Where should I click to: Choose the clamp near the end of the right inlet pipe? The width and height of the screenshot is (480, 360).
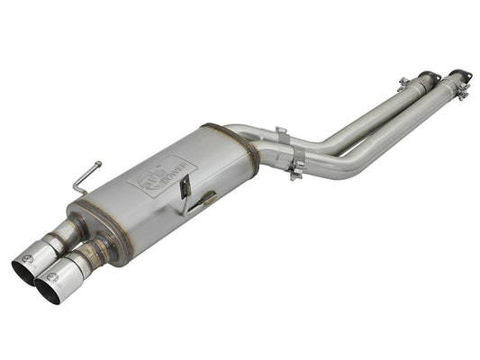click(460, 91)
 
